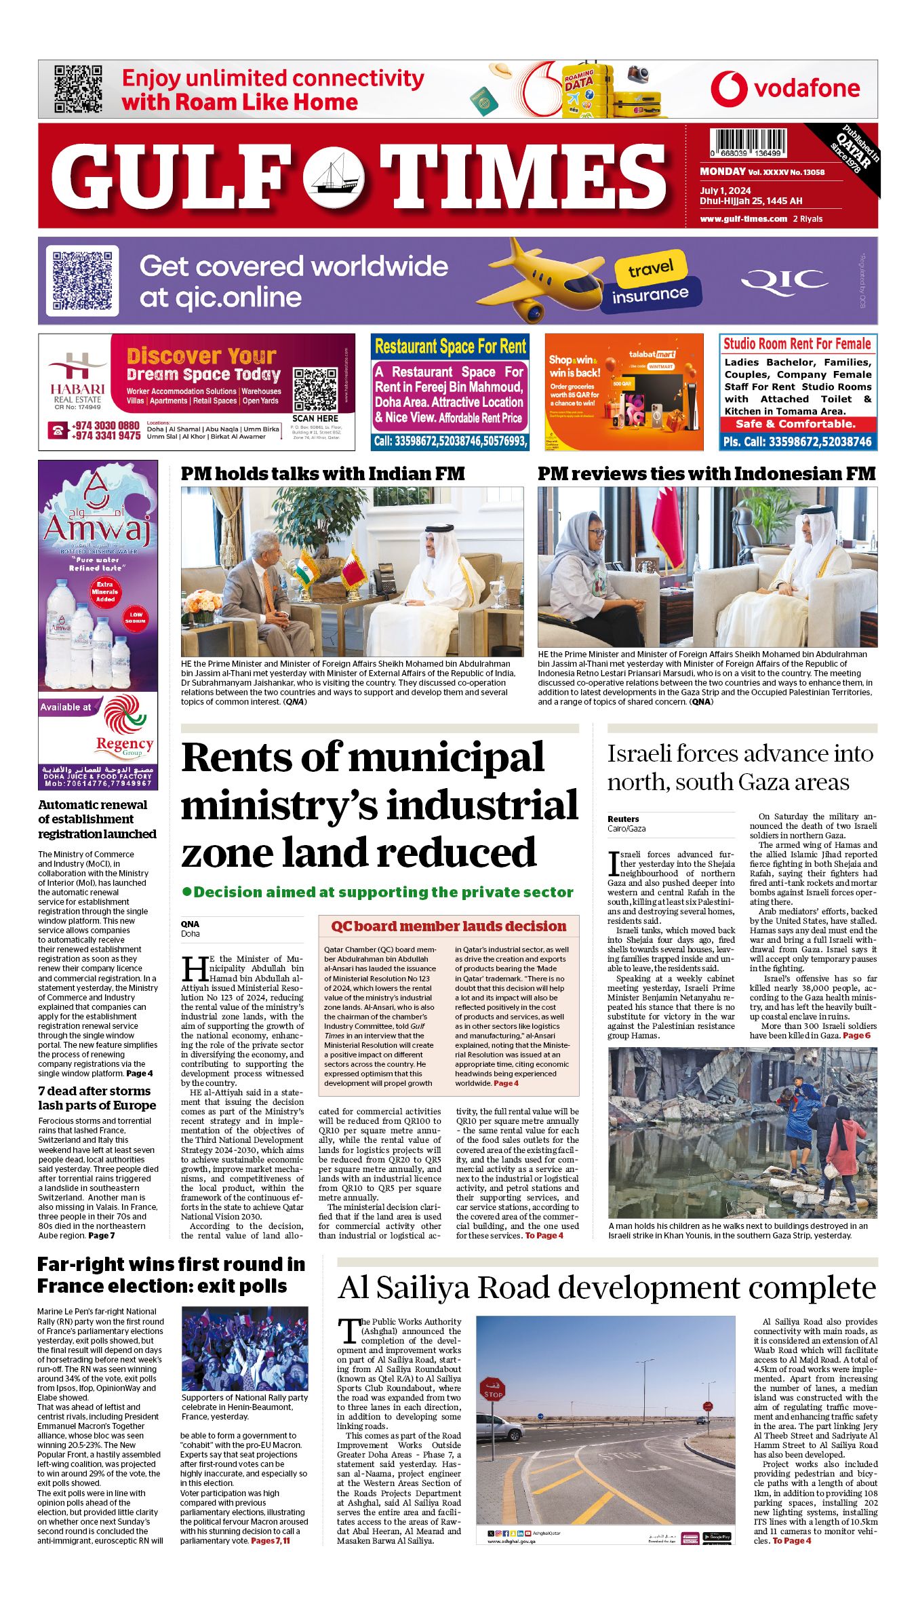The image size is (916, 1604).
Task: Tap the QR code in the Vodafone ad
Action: [x=78, y=89]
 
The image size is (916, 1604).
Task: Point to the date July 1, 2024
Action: [x=725, y=191]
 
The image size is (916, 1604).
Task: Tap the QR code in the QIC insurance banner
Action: [x=82, y=281]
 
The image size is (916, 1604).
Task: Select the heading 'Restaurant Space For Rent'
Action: [x=450, y=347]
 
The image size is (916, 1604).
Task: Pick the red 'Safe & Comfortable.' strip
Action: [x=797, y=424]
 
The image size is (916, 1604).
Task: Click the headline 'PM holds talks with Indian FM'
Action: [x=323, y=473]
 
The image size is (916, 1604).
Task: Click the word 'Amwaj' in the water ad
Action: [x=97, y=528]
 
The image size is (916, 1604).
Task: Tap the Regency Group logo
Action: [x=123, y=726]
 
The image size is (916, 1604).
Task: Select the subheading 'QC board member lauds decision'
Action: [x=448, y=926]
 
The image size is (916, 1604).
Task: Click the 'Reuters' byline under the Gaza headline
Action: [x=623, y=819]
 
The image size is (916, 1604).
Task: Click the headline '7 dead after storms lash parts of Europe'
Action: [x=97, y=1097]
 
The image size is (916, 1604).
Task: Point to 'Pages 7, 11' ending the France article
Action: [x=270, y=1540]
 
